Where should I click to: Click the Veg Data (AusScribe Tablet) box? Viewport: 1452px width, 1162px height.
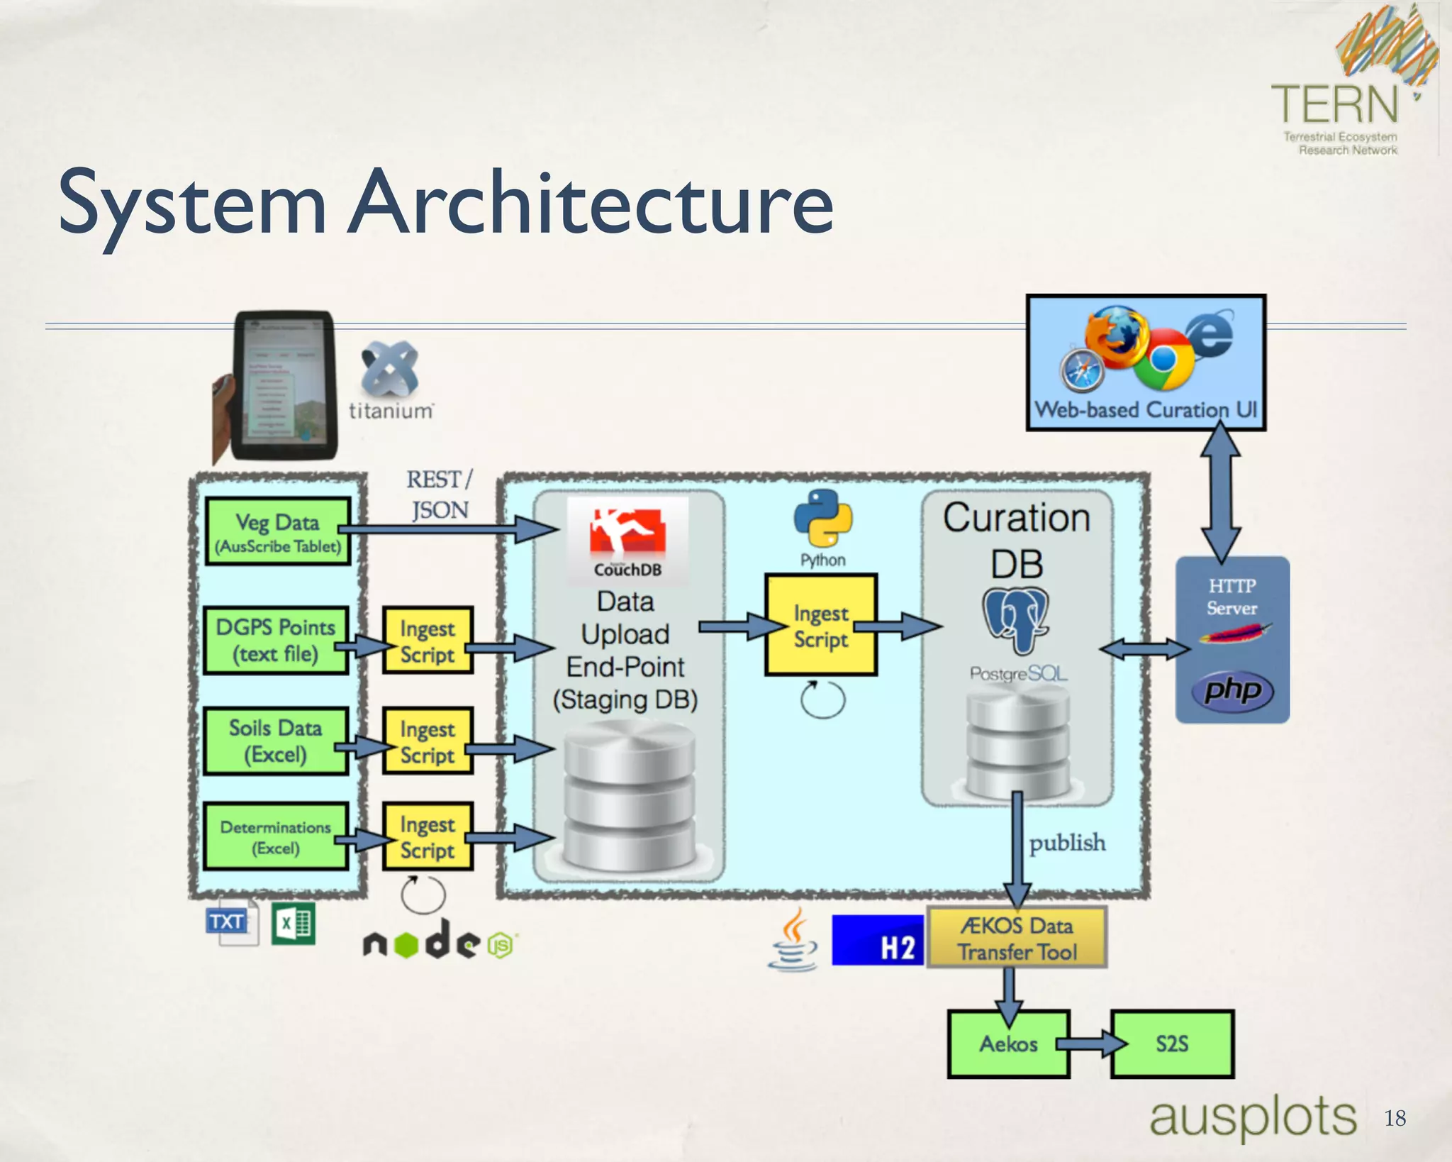point(278,532)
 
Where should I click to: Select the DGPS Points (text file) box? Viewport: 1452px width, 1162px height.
point(276,641)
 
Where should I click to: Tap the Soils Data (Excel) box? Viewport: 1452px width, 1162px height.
point(276,741)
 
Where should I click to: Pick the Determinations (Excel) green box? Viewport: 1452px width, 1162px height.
point(276,837)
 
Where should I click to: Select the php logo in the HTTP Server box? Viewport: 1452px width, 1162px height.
point(1233,690)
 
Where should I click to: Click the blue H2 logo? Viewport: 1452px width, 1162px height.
point(878,941)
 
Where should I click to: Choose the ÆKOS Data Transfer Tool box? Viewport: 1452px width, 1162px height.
point(1017,939)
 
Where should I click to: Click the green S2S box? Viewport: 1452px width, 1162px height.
point(1172,1044)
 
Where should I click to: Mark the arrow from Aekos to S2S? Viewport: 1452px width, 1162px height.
point(1091,1044)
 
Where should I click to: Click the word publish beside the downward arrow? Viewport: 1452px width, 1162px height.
point(1067,843)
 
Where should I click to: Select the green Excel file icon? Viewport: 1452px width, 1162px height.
point(294,924)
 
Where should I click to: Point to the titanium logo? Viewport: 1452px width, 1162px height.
point(390,380)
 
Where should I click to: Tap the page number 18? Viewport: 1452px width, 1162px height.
point(1395,1119)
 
